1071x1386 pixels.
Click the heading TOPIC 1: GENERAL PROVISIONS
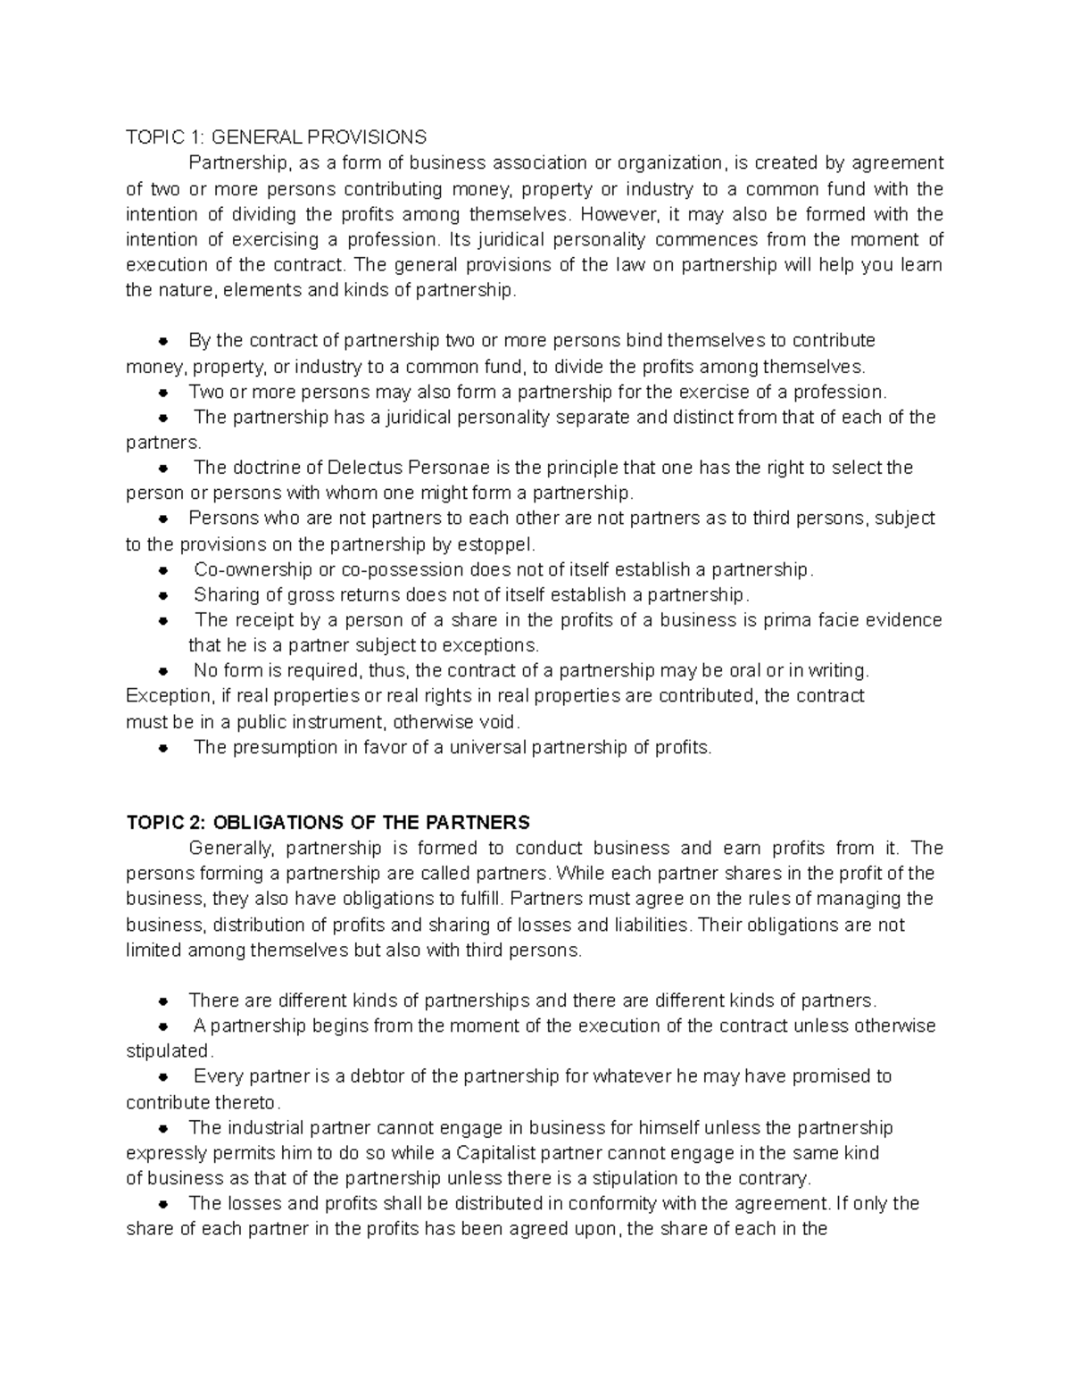(x=276, y=137)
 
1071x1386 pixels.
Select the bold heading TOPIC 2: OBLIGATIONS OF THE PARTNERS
(x=328, y=822)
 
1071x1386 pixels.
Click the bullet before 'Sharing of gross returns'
(x=163, y=595)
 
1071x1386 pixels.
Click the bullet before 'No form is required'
(x=163, y=671)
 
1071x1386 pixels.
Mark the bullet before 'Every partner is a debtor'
(x=163, y=1077)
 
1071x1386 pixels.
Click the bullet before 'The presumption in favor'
(x=163, y=748)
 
